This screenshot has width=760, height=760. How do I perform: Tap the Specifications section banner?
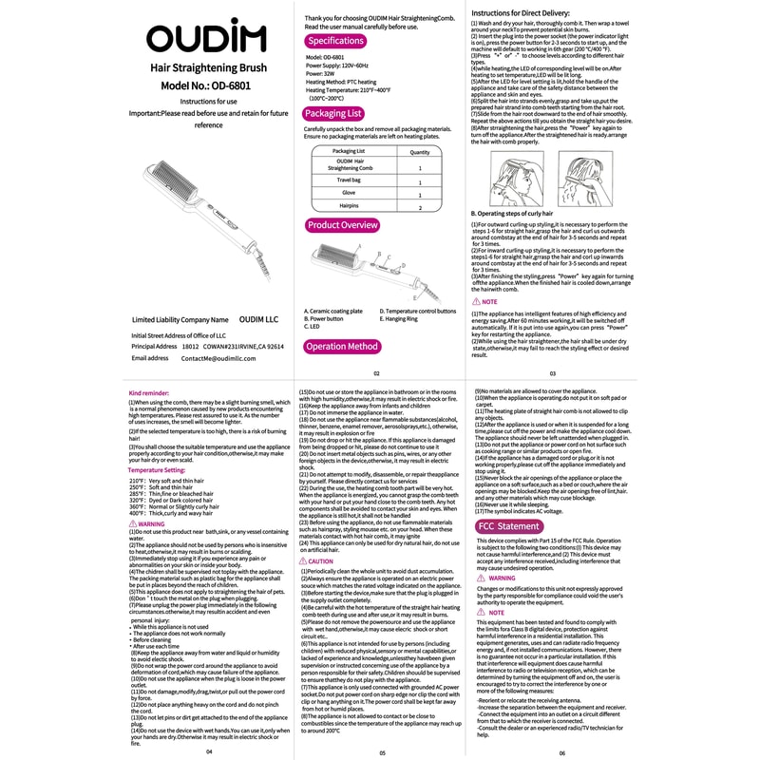(x=335, y=41)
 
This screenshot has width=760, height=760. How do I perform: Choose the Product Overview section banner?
(x=343, y=225)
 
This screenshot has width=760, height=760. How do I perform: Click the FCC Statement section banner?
(x=508, y=525)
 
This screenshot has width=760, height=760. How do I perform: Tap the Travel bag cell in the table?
(x=348, y=179)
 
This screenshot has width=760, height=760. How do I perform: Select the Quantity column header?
(x=419, y=151)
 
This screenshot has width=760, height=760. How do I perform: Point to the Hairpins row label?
(x=348, y=205)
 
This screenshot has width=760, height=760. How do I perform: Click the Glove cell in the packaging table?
(x=348, y=192)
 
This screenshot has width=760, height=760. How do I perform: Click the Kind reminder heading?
(x=148, y=392)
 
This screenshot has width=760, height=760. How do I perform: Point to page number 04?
(x=209, y=750)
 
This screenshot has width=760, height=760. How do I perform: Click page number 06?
(x=561, y=752)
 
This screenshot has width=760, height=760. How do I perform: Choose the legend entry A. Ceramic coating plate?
(x=333, y=311)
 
